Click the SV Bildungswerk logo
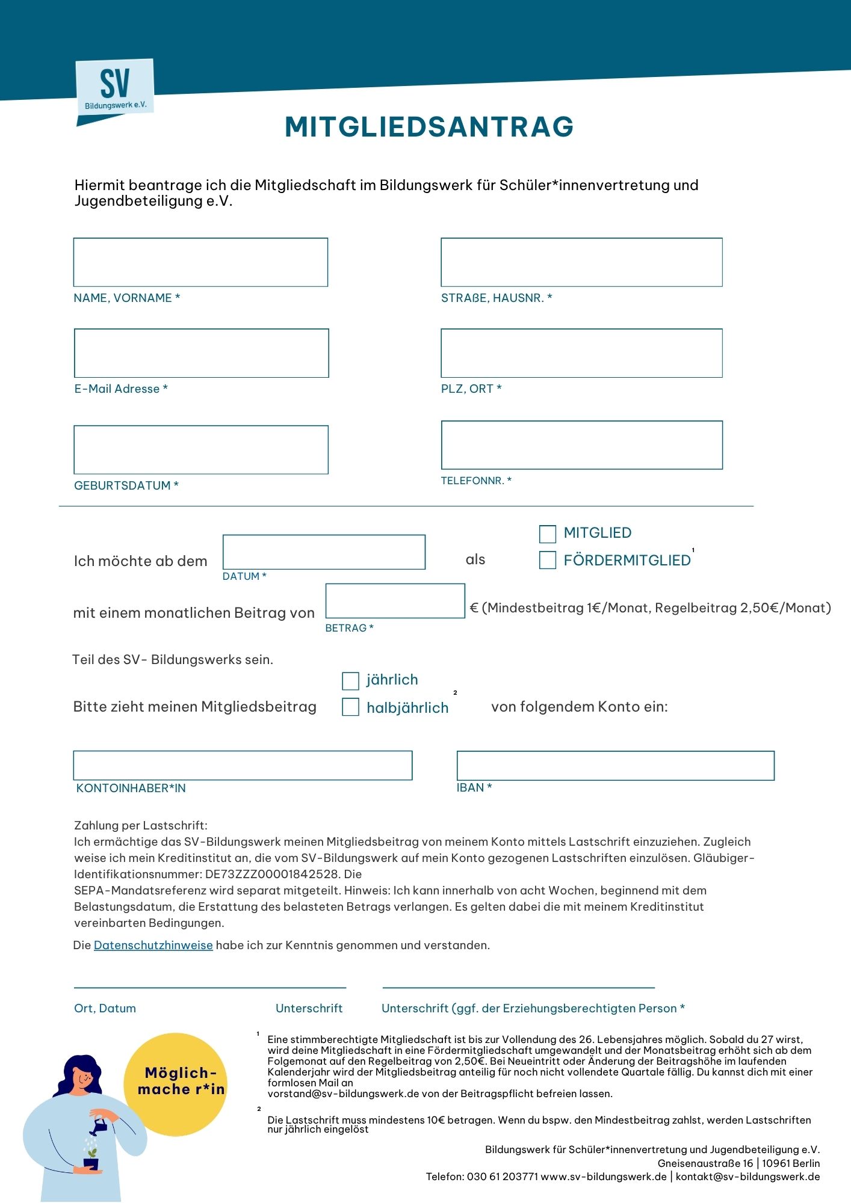[114, 88]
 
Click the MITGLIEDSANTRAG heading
[429, 127]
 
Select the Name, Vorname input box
[200, 262]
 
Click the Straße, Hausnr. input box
[581, 262]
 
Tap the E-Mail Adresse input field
[201, 353]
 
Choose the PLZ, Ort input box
[581, 353]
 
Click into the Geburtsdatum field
[201, 450]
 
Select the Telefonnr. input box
[581, 445]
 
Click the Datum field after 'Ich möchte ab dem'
[324, 552]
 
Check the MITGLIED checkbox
[548, 534]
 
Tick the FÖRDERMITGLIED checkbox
[548, 560]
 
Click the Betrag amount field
[395, 601]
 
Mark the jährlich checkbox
[350, 681]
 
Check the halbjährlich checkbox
[350, 707]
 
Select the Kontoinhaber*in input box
[243, 766]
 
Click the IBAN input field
[615, 766]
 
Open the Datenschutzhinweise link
[153, 945]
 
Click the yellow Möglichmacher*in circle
[176, 1085]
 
